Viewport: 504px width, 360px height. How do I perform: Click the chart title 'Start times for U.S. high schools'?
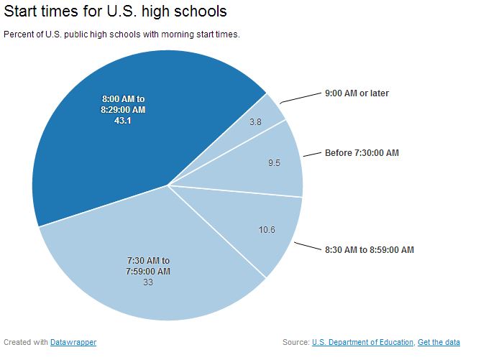click(x=116, y=11)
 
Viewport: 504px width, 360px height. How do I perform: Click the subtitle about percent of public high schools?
click(x=122, y=34)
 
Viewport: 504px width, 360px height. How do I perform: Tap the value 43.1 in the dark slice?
click(x=123, y=120)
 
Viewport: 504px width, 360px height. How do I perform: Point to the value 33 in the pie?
click(x=147, y=282)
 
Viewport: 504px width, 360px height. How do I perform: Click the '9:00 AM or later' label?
click(x=357, y=93)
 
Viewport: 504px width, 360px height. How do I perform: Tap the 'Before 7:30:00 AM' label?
click(x=362, y=153)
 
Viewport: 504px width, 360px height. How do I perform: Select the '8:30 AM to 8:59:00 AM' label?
click(x=369, y=250)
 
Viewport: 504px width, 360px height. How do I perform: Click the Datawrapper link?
click(x=73, y=342)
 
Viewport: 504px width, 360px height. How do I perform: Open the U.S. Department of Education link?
click(x=362, y=342)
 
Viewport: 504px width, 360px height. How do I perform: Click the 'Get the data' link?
click(x=439, y=342)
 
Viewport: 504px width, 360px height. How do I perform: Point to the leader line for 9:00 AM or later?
click(x=298, y=98)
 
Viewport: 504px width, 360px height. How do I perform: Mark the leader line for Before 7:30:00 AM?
click(x=311, y=154)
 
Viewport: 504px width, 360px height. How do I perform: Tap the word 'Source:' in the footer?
click(x=296, y=342)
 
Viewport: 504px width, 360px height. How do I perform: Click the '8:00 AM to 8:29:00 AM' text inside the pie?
click(x=123, y=104)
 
